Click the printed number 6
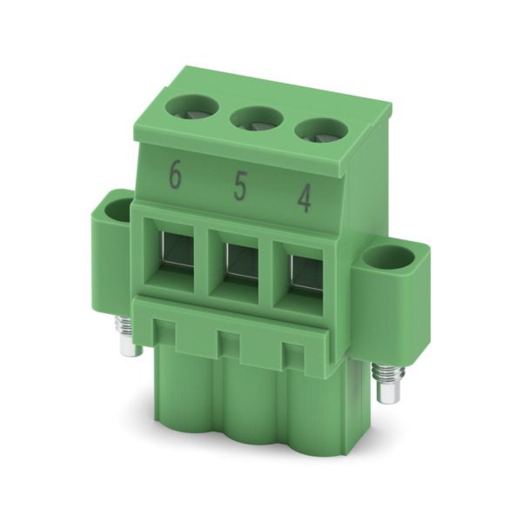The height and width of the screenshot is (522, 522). [x=176, y=174]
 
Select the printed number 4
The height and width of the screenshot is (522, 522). [x=304, y=199]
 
